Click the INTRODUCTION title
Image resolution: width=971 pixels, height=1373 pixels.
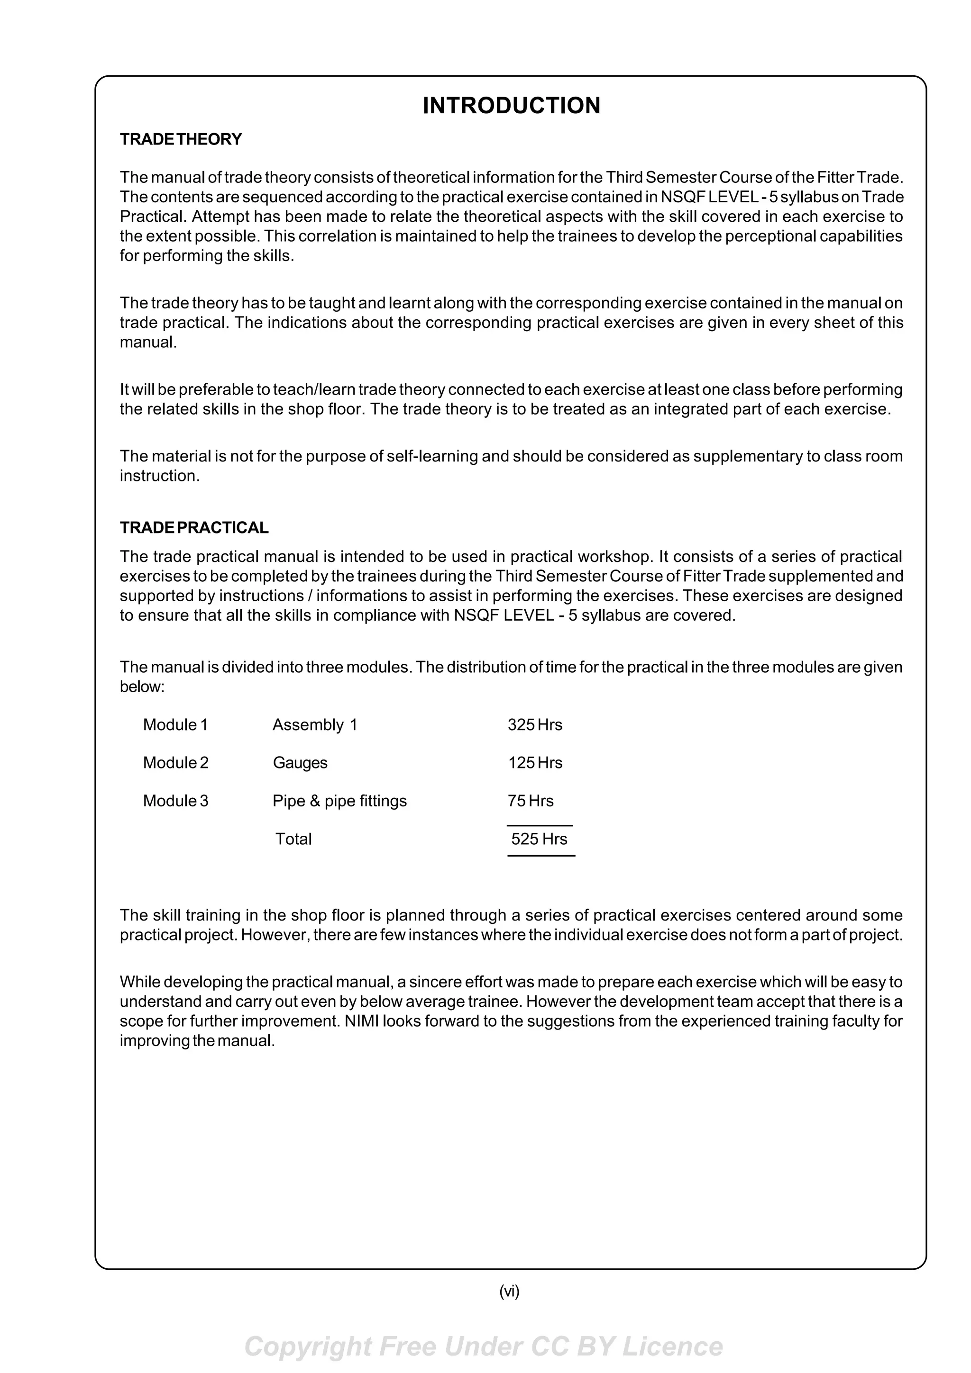tap(511, 105)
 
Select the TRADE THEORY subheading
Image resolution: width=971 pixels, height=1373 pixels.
tap(181, 139)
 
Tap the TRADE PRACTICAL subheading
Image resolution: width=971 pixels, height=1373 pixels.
tap(194, 527)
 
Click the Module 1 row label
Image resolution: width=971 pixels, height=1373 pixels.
tap(175, 725)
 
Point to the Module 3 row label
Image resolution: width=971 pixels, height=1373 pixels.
tap(175, 801)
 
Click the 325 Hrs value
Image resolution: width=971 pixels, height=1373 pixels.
tap(535, 725)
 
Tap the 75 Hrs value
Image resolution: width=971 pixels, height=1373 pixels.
tap(530, 801)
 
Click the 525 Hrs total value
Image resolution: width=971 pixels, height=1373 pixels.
tap(539, 839)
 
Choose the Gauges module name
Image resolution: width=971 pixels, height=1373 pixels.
tap(300, 763)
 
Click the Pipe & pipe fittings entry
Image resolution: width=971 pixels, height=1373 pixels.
tap(339, 801)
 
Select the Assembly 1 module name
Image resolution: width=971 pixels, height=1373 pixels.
tap(315, 725)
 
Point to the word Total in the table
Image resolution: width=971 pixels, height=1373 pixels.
tap(293, 839)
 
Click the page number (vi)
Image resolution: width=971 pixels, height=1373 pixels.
tap(509, 1291)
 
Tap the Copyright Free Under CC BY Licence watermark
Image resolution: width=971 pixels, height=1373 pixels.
tap(484, 1346)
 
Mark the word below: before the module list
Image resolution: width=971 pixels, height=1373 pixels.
tap(142, 686)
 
